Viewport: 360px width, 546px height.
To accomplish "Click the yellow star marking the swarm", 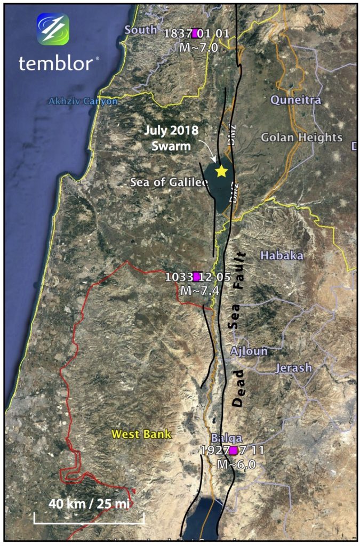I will click(221, 171).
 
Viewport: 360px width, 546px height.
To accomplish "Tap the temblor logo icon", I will click(53, 29).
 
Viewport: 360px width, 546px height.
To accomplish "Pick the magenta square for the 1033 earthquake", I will click(197, 276).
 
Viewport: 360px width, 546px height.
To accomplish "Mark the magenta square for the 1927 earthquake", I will click(233, 451).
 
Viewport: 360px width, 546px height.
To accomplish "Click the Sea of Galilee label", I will click(169, 182).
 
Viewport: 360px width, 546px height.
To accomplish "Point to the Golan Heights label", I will click(301, 138).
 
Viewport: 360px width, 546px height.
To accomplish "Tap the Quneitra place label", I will click(295, 100).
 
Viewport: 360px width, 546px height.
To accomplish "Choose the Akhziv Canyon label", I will click(83, 101).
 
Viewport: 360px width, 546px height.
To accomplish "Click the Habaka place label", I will click(282, 256).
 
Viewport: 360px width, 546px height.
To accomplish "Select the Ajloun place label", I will click(249, 352).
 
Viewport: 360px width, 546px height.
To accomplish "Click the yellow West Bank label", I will click(141, 434).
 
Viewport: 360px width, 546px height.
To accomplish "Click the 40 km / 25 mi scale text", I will click(89, 502).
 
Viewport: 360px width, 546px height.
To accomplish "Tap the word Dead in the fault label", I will click(238, 388).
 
